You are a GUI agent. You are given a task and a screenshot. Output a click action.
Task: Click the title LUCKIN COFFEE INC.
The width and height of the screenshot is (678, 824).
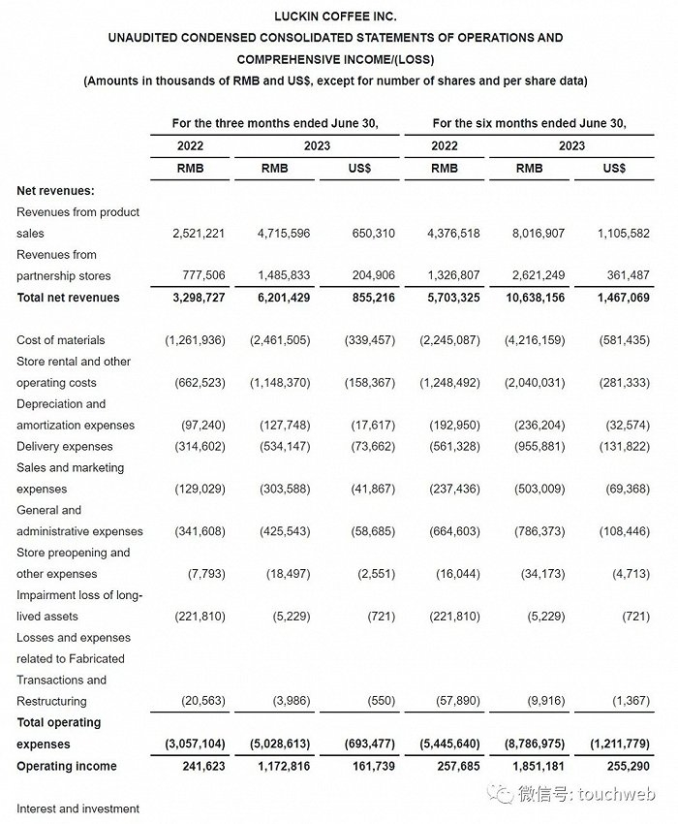pos(335,16)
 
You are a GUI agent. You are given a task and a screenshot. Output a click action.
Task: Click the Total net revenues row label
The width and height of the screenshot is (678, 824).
pos(68,298)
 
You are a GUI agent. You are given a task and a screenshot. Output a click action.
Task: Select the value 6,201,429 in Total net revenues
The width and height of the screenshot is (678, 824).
pos(280,298)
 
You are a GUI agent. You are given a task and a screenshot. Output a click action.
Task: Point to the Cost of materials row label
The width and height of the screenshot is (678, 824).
pos(60,340)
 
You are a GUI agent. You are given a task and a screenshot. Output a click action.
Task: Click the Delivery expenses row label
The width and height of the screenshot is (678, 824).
pos(65,447)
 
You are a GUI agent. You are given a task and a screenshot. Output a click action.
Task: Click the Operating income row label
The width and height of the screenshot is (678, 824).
pos(67,767)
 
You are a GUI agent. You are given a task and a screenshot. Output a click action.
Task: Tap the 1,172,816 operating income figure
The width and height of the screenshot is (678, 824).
pos(280,767)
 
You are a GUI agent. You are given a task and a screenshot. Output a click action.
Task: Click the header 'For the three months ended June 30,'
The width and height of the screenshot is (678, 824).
pos(274,123)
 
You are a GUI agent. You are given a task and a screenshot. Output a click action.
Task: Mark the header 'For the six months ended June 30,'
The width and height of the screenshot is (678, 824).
pos(529,123)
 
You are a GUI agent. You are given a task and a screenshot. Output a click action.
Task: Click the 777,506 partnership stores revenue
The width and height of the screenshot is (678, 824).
pos(200,276)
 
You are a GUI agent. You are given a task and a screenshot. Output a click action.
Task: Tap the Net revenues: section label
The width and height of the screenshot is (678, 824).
pos(56,191)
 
